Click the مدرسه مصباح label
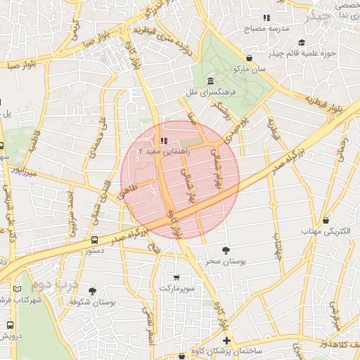(x=266, y=29)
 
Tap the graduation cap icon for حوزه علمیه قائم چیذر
(x=302, y=43)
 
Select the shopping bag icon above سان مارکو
(x=250, y=58)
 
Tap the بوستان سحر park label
(x=224, y=261)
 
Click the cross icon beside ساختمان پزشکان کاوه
(x=226, y=340)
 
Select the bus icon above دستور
(x=95, y=240)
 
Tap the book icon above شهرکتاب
(x=17, y=289)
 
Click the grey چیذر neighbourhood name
(x=331, y=15)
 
